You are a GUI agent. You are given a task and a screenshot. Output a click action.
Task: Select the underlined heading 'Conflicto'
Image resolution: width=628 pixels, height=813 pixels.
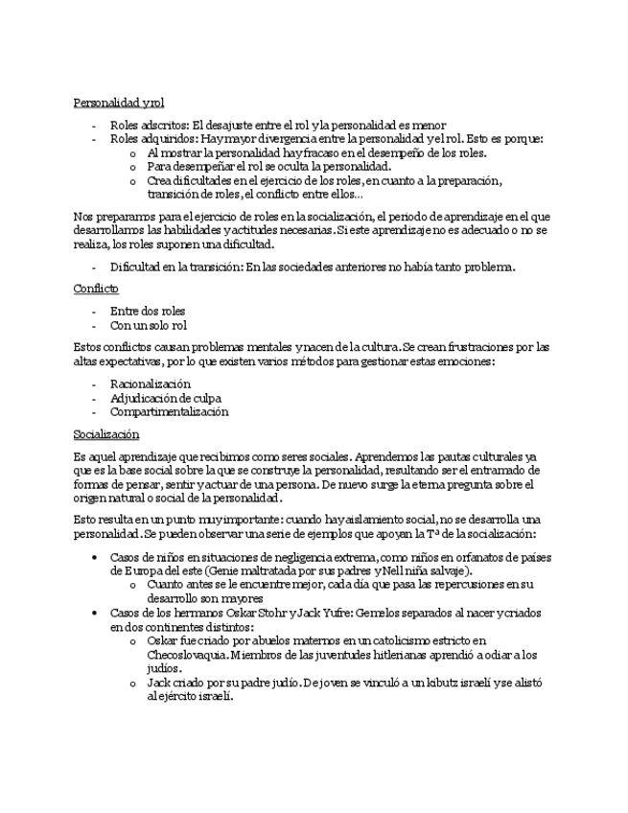[x=96, y=288]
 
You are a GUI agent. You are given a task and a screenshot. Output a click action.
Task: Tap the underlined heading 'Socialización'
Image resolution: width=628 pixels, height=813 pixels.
[x=105, y=434]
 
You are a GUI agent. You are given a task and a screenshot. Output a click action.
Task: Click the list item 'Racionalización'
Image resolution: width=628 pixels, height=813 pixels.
[x=151, y=383]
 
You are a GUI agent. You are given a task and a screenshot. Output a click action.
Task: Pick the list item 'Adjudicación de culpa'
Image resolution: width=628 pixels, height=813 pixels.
[x=166, y=398]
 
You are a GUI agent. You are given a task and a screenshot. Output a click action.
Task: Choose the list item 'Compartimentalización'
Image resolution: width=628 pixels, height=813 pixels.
[x=169, y=412]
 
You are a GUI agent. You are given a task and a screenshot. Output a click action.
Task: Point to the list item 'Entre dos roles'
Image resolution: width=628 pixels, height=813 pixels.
[x=148, y=311]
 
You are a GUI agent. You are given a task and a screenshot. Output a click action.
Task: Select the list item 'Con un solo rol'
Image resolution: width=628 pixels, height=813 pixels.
[x=149, y=325]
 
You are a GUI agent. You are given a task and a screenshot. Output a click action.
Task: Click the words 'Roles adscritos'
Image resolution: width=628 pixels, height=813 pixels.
[x=149, y=125]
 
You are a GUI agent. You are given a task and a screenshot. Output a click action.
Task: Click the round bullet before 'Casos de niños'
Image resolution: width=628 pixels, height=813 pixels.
[x=94, y=557]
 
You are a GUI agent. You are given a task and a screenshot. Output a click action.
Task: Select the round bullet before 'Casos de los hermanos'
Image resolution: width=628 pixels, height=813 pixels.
[x=94, y=612]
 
